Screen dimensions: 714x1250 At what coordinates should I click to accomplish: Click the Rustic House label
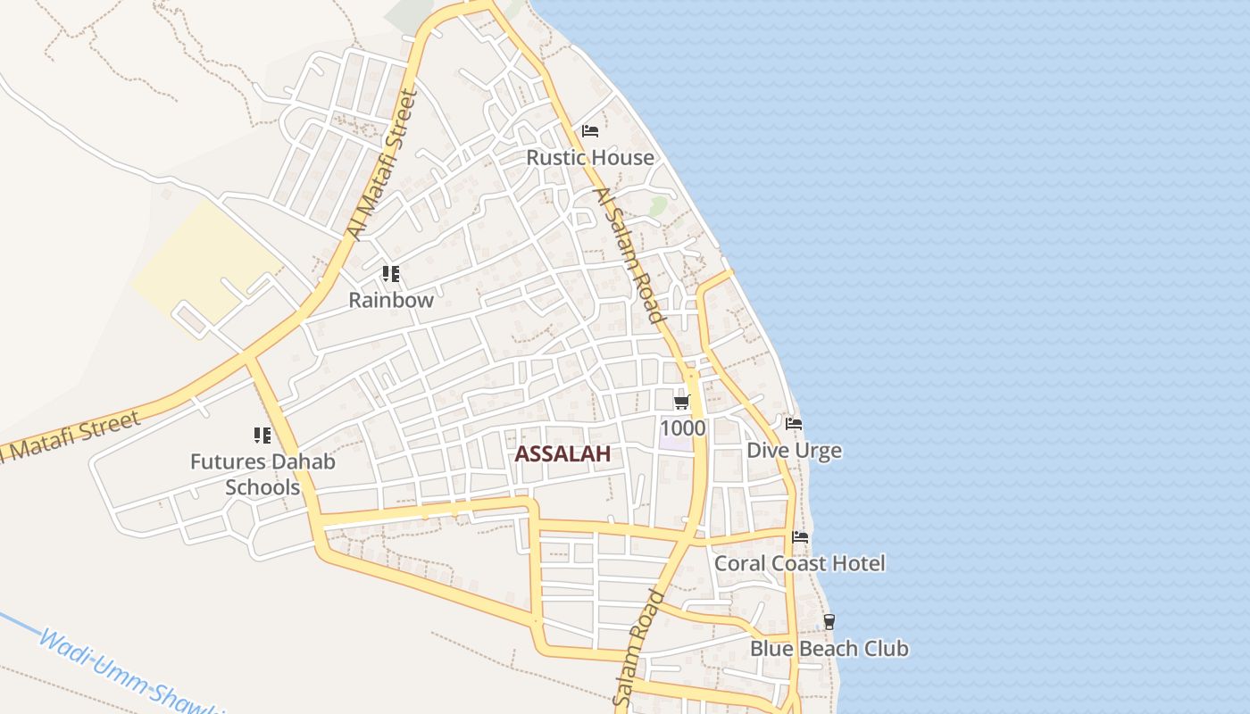point(589,158)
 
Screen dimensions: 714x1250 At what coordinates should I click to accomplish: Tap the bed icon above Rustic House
point(589,131)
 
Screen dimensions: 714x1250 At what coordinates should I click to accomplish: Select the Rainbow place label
point(391,300)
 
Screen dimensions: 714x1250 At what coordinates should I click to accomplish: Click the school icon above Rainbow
point(390,274)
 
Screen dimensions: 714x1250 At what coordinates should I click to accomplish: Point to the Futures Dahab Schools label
point(262,474)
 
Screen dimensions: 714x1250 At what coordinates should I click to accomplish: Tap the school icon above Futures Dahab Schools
point(262,436)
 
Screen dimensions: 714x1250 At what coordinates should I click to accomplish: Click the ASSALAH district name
point(562,453)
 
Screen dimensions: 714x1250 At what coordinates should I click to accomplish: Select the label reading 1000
point(683,428)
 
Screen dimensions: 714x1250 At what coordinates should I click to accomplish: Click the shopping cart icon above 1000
point(683,403)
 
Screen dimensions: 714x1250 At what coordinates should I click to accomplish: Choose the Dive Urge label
point(794,451)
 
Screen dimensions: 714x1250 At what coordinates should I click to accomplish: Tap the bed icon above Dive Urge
point(794,424)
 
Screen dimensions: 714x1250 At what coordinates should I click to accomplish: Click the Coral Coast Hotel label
point(799,563)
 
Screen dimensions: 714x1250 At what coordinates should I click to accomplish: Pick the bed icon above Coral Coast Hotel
point(800,537)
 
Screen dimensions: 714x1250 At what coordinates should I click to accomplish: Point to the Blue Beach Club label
point(829,649)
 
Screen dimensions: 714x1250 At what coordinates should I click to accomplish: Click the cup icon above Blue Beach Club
point(829,622)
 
